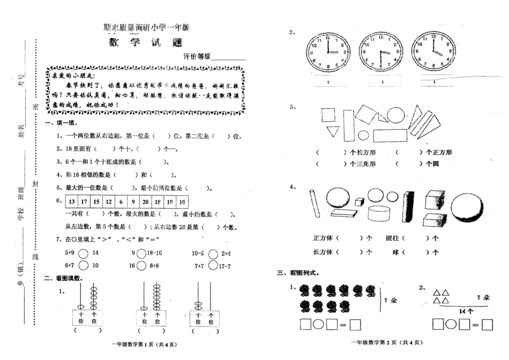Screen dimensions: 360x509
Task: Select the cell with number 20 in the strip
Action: [x=145, y=202]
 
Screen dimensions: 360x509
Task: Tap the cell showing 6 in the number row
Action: [x=121, y=202]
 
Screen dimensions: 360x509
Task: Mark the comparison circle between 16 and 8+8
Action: [x=141, y=265]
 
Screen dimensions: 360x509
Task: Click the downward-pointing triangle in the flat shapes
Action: [x=333, y=132]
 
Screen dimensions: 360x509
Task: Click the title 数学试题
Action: [x=147, y=43]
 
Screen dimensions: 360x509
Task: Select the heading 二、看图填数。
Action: [x=63, y=278]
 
